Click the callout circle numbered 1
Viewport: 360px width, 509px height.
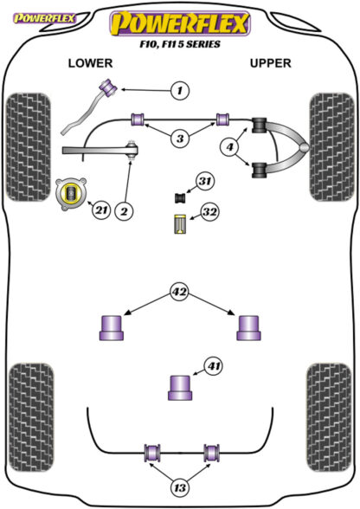click(180, 90)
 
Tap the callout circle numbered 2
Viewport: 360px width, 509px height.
click(125, 211)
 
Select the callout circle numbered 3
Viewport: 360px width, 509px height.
click(180, 139)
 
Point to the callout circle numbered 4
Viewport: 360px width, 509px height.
click(230, 147)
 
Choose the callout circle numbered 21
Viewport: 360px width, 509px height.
click(101, 210)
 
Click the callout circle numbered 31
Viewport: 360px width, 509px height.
click(204, 181)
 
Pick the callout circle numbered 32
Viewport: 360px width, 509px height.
click(209, 212)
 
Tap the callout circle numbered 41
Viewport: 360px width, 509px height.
click(214, 366)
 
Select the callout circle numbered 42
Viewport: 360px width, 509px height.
click(179, 292)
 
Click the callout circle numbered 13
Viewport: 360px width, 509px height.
click(180, 487)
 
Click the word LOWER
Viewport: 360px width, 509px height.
click(90, 63)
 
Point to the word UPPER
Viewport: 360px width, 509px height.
click(270, 63)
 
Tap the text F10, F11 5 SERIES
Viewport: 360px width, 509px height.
click(180, 44)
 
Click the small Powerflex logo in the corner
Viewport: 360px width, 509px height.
click(44, 18)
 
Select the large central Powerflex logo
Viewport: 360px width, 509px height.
click(180, 23)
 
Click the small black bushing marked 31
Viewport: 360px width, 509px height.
click(179, 197)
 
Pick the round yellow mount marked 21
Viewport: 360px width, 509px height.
click(71, 194)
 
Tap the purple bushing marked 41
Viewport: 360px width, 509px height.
click(180, 388)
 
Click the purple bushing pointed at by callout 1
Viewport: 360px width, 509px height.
click(108, 87)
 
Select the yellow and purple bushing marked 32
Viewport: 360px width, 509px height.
click(179, 224)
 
